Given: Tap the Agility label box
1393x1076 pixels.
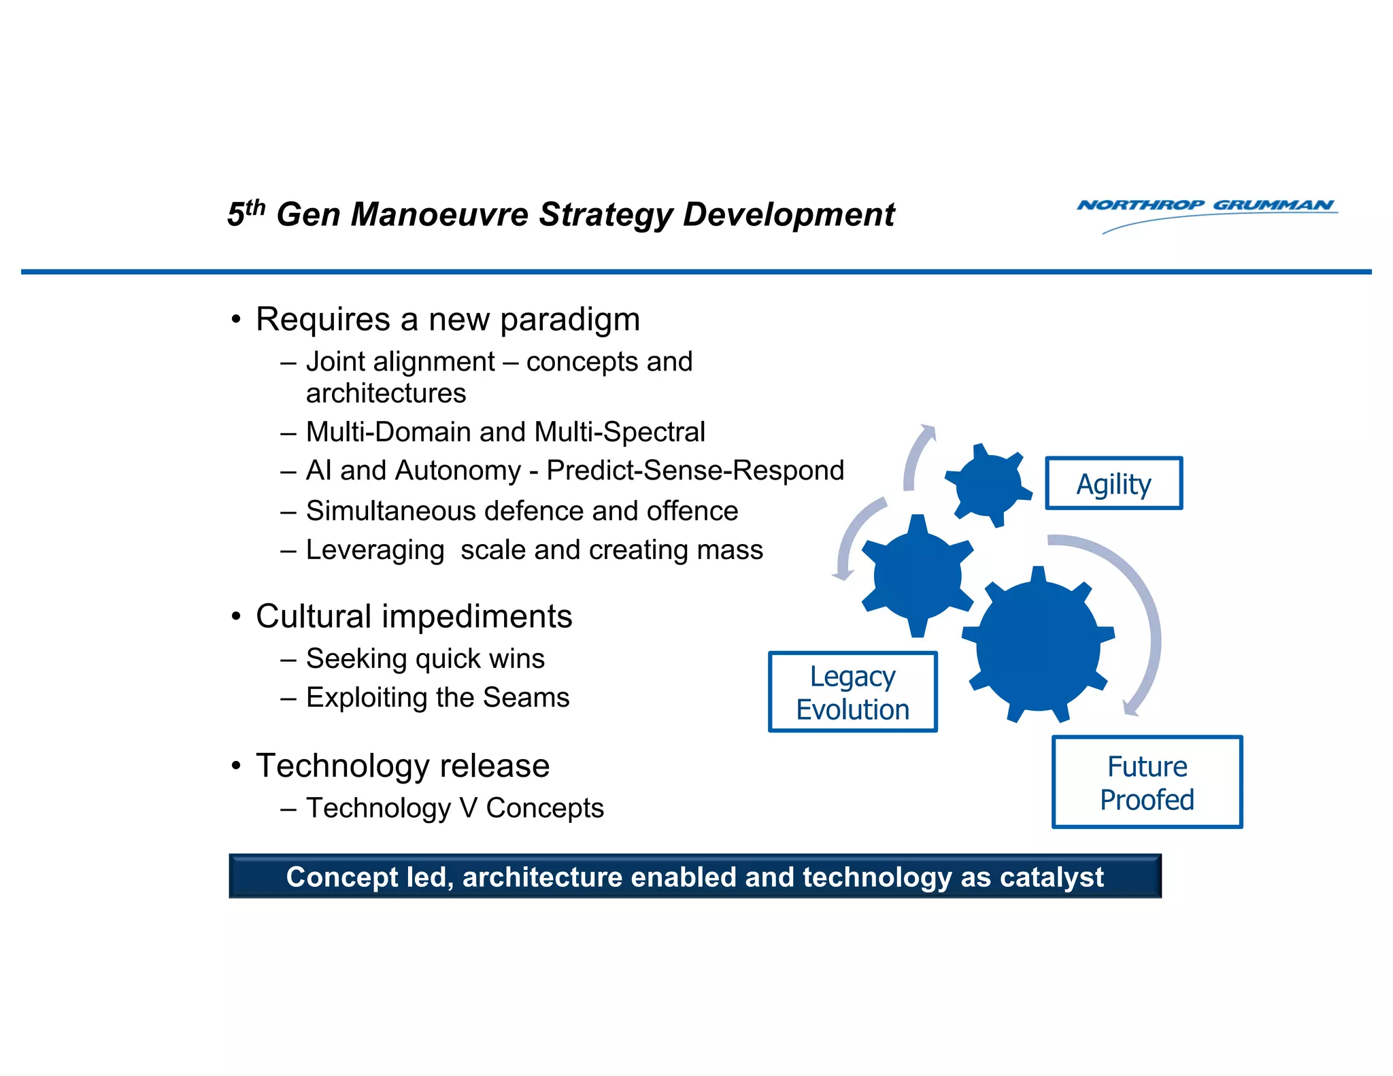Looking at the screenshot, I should pyautogui.click(x=1113, y=484).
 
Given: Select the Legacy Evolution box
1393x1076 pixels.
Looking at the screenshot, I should pyautogui.click(x=852, y=692).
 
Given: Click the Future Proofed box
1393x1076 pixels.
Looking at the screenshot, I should pyautogui.click(x=1147, y=782).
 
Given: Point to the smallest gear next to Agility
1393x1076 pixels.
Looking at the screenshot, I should pyautogui.click(x=988, y=485).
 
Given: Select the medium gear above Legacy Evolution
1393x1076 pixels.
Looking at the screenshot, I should pyautogui.click(x=918, y=575).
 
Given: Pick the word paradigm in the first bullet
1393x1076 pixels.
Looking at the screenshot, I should pyautogui.click(x=570, y=320).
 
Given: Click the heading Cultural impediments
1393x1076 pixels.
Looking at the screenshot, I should pyautogui.click(x=414, y=616).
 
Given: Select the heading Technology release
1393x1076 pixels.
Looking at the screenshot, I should pyautogui.click(x=403, y=766).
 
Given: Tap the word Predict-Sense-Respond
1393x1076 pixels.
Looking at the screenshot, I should pyautogui.click(x=695, y=471).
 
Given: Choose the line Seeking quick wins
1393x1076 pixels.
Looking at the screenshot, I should pyautogui.click(x=425, y=658).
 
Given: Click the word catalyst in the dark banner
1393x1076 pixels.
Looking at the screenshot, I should pyautogui.click(x=1052, y=877).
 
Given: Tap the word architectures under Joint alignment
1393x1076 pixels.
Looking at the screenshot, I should pyautogui.click(x=386, y=393).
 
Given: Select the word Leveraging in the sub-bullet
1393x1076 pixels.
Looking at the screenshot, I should pyautogui.click(x=375, y=550).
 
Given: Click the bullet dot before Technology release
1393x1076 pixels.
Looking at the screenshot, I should pyautogui.click(x=236, y=767).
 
